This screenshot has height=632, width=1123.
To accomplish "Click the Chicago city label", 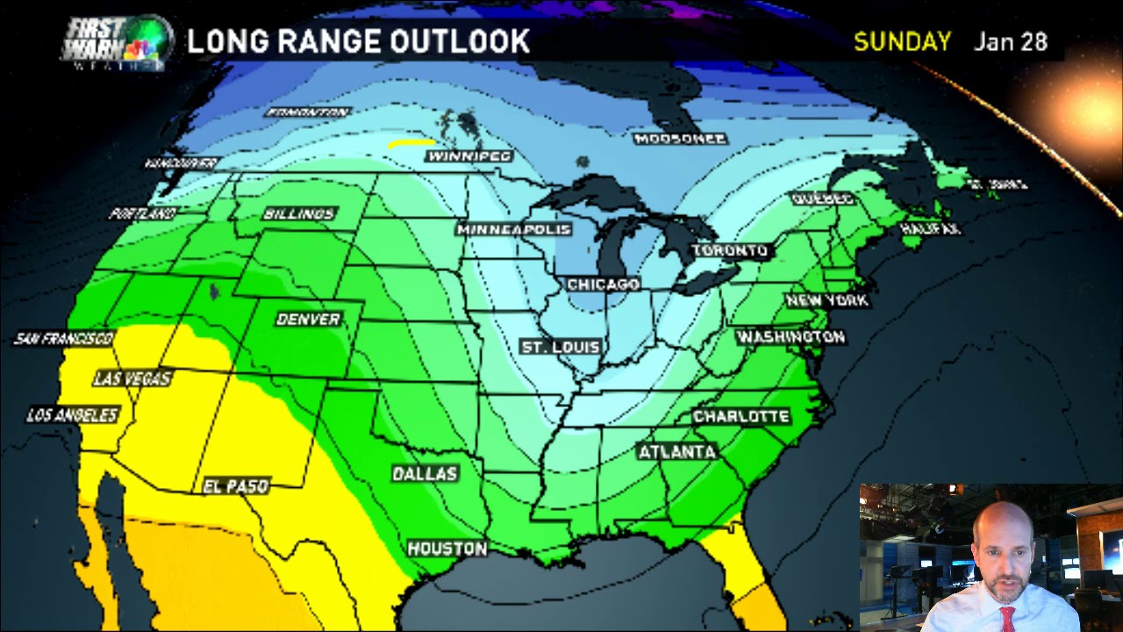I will [x=603, y=284].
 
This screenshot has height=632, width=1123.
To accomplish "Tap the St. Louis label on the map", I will [x=561, y=348].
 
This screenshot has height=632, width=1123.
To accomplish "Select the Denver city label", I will [x=308, y=320].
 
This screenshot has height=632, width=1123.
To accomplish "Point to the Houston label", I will [x=447, y=549].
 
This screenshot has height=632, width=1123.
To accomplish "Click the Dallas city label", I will [x=425, y=474].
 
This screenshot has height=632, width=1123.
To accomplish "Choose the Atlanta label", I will [x=676, y=452].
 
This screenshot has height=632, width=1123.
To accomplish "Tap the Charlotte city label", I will [x=741, y=416].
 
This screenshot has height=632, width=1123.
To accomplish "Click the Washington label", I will [x=790, y=337].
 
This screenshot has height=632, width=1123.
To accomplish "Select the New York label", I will [x=827, y=300].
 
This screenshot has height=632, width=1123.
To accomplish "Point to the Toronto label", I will [x=730, y=251].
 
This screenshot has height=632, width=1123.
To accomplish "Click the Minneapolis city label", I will [x=513, y=230].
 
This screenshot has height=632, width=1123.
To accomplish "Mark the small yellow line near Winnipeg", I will [x=411, y=141].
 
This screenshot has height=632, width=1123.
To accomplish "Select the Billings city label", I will [x=299, y=214].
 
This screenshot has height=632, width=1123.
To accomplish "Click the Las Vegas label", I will [x=132, y=379].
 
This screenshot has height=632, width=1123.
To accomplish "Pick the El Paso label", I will [x=235, y=486].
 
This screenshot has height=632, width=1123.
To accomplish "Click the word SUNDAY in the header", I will [x=902, y=42].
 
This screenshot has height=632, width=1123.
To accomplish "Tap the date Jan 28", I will [x=1011, y=42].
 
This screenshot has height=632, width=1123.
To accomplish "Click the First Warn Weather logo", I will [x=115, y=42].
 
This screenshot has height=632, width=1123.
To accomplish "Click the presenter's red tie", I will [x=1006, y=618].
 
